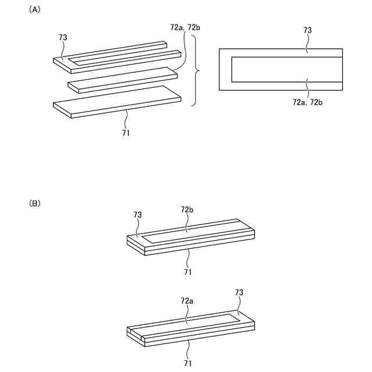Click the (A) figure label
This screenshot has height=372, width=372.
pyautogui.click(x=34, y=10)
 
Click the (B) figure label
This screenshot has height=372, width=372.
pyautogui.click(x=34, y=203)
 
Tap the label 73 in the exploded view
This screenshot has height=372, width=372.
pyautogui.click(x=63, y=37)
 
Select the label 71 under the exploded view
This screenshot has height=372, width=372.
pyautogui.click(x=126, y=133)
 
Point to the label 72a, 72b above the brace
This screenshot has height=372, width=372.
pyautogui.click(x=185, y=27)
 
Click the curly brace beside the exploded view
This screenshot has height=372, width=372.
pyautogui.click(x=198, y=71)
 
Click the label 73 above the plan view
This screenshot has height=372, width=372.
pyautogui.click(x=307, y=29)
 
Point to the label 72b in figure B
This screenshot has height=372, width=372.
pyautogui.click(x=187, y=209)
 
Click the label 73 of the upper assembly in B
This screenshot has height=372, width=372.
pyautogui.click(x=137, y=214)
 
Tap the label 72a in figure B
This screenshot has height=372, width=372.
pyautogui.click(x=187, y=301)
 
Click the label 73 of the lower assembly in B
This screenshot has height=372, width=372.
pyautogui.click(x=239, y=293)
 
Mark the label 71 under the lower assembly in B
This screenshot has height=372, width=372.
pyautogui.click(x=188, y=363)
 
